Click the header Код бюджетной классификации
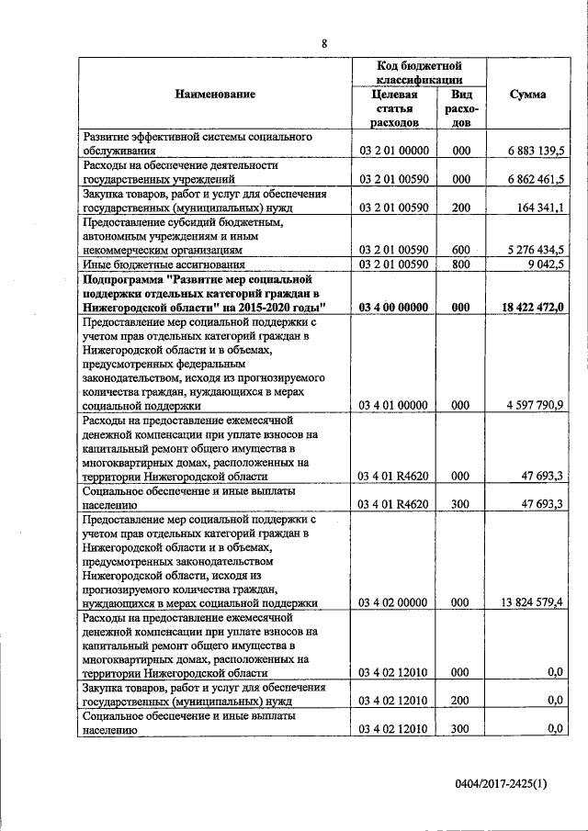point(419,73)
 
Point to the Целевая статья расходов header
point(394,107)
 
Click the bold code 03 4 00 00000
point(394,307)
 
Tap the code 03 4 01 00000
point(394,405)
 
